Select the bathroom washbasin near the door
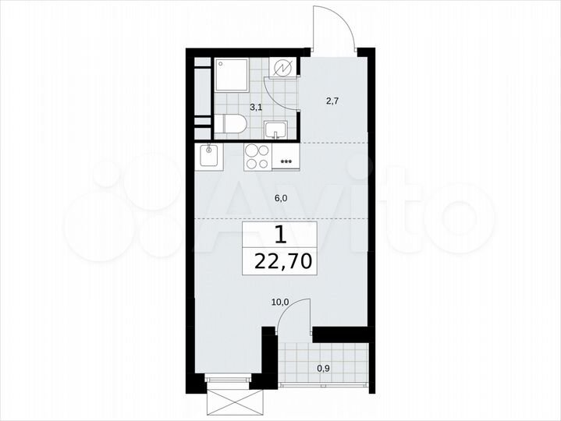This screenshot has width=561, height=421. [x=275, y=128]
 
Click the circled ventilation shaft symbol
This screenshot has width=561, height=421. [x=282, y=69]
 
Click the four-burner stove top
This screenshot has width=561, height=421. [x=258, y=157]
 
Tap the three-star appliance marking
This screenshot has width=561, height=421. [x=286, y=162]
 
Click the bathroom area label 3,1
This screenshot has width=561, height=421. [x=256, y=108]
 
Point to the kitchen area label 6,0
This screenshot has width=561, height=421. [x=281, y=199]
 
